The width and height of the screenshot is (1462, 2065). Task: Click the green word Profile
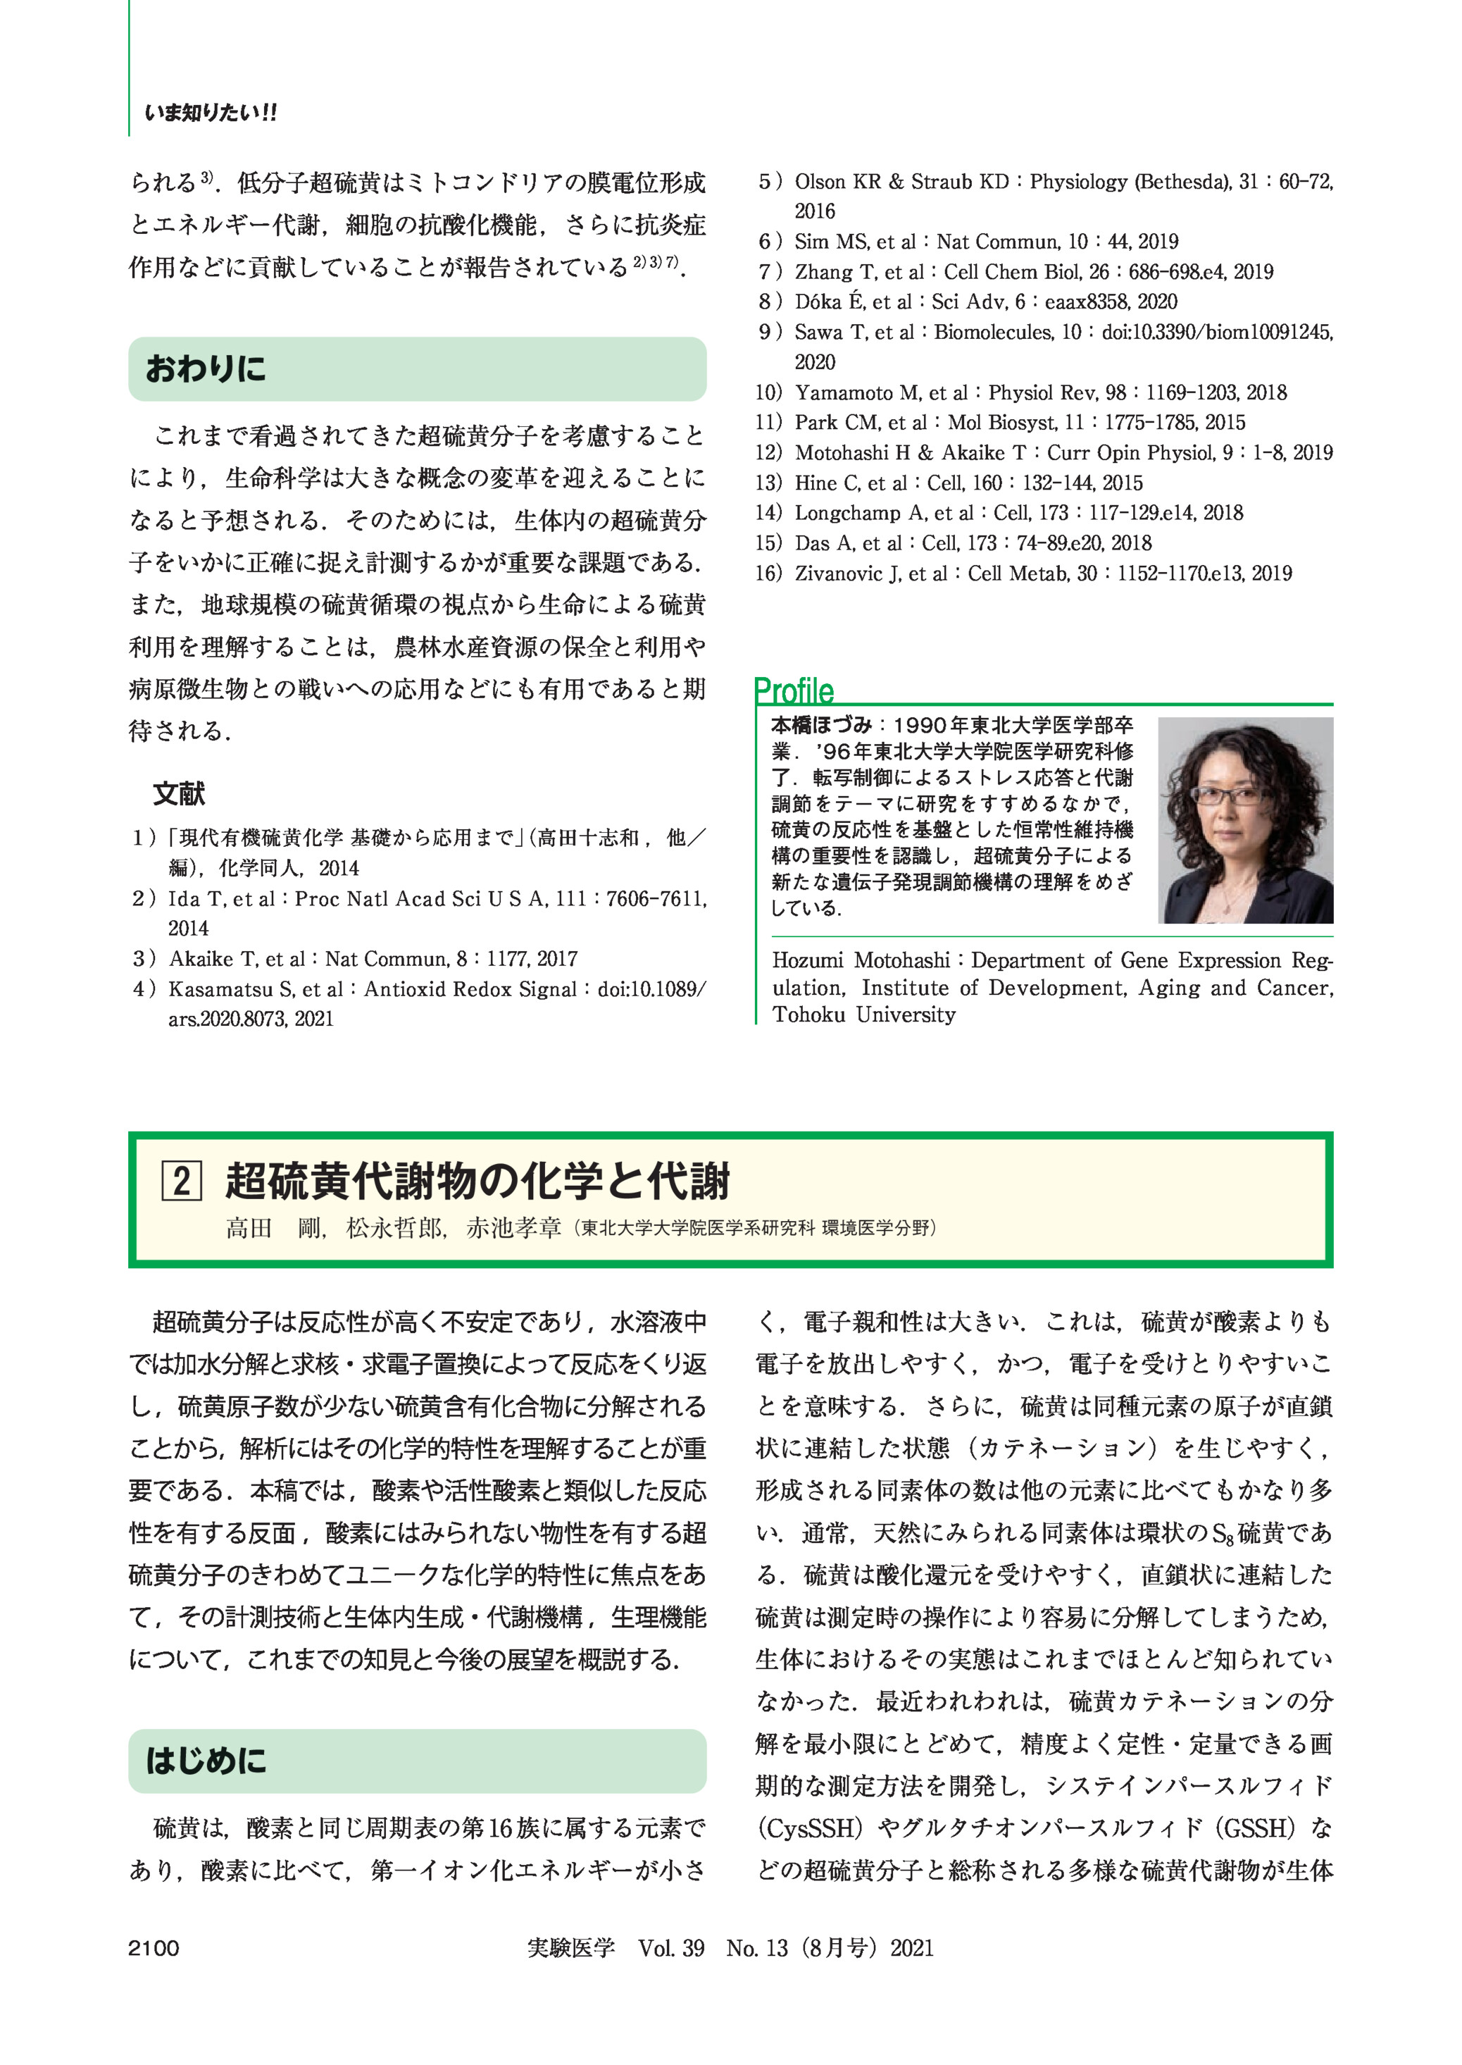click(x=794, y=690)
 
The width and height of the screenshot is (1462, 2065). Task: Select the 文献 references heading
click(x=179, y=793)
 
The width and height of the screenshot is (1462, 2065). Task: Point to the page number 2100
click(x=154, y=1948)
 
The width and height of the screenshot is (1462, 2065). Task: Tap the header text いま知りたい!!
click(x=211, y=113)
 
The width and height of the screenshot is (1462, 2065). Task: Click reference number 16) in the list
click(x=769, y=573)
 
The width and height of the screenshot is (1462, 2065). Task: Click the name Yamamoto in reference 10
click(x=844, y=392)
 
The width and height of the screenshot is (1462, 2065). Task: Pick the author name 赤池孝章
click(x=513, y=1227)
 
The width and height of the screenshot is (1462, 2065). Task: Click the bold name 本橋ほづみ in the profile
click(x=821, y=725)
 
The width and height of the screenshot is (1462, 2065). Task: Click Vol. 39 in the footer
click(x=672, y=1948)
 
